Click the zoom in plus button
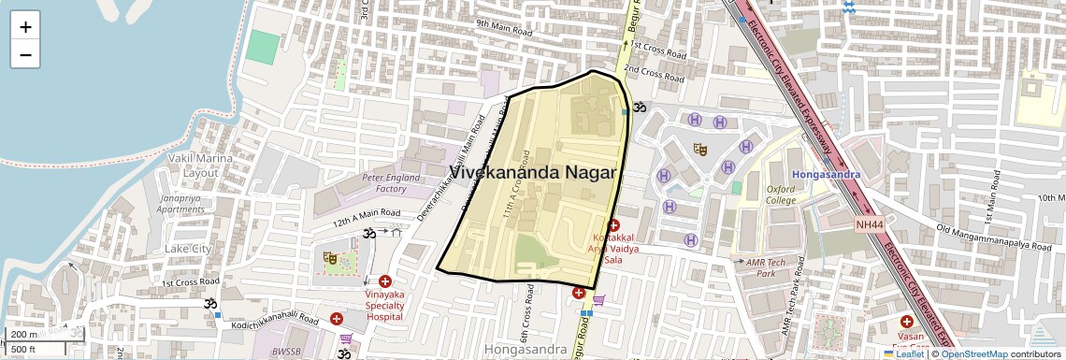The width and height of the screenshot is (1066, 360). pos(25,27)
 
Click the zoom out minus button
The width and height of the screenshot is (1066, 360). pos(25,54)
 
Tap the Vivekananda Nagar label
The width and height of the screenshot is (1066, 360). pos(534,173)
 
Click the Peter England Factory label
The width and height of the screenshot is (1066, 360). pos(384,182)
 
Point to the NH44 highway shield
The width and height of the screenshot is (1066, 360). pos(868,224)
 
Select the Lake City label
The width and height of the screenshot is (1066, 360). pos(188,249)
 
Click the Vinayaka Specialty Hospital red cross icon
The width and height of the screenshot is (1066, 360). pos(385,281)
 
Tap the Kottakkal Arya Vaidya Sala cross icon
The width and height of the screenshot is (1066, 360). pos(613,225)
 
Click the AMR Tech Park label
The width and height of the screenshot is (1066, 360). pos(761,267)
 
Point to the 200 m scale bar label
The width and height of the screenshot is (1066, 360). pos(24,334)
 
